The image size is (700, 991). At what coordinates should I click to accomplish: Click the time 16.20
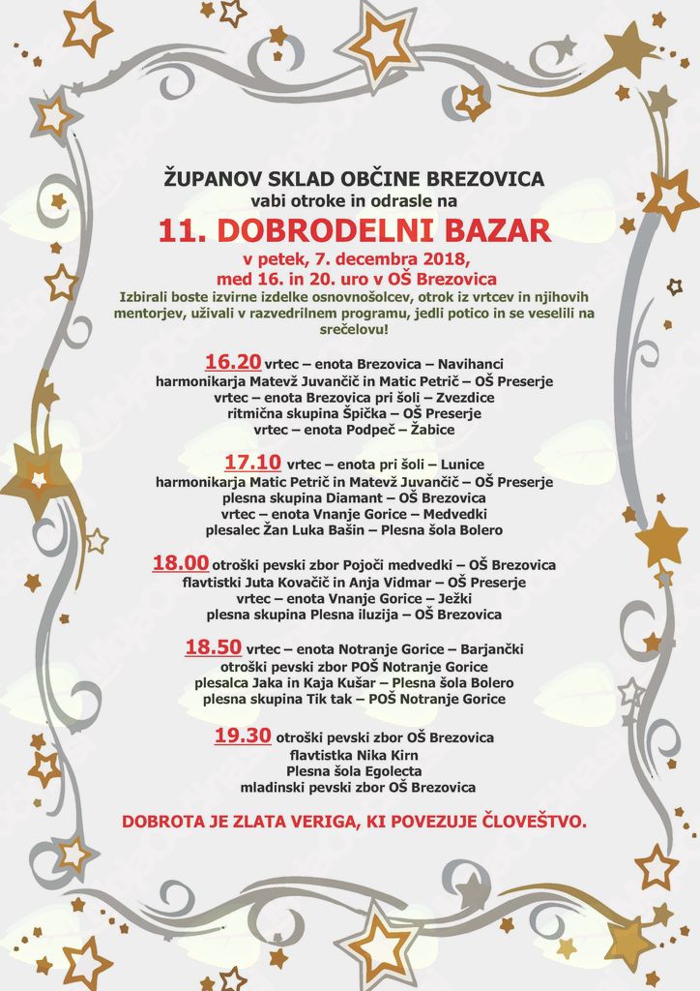pos(233,362)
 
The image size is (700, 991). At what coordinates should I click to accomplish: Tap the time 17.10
pos(252,463)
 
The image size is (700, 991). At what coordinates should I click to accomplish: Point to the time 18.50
pos(213,647)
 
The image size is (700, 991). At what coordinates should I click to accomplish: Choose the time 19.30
pos(242,736)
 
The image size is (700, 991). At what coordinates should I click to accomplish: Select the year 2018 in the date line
pos(447,259)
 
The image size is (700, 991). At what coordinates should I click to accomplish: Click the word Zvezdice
pos(465,397)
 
